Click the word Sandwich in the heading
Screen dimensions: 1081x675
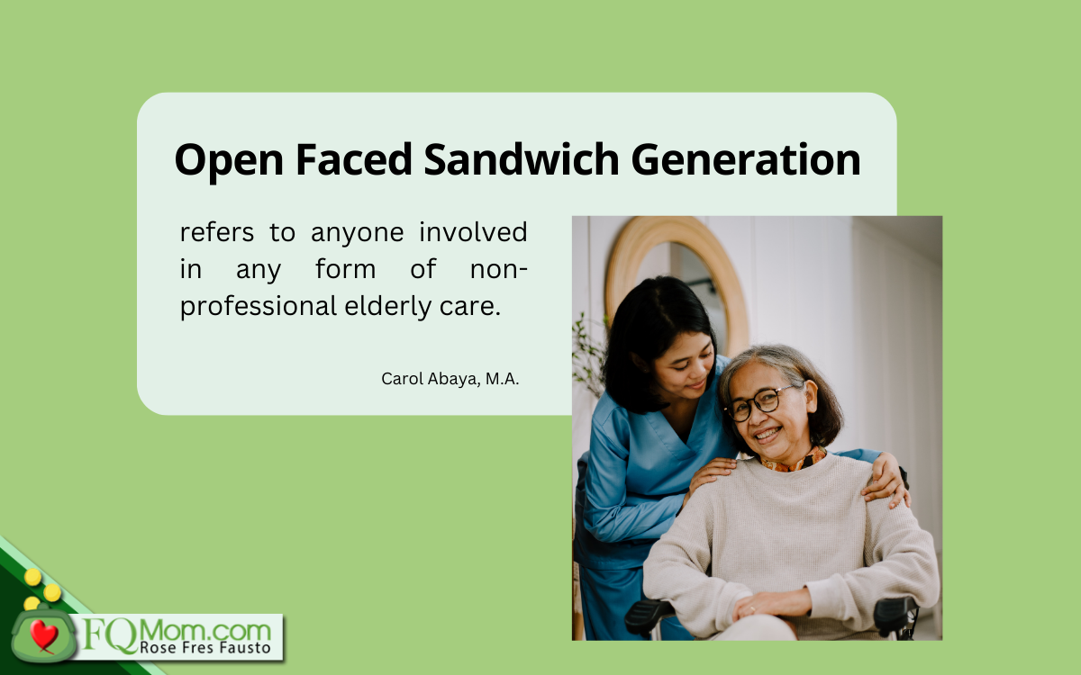(522, 159)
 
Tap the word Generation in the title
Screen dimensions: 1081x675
(746, 159)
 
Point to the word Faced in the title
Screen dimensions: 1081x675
(354, 159)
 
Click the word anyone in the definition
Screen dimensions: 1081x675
(357, 234)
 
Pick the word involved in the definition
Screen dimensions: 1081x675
(473, 232)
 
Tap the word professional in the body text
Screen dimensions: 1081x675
(259, 307)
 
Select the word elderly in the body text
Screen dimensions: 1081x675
(388, 307)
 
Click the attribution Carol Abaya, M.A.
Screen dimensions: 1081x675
(450, 379)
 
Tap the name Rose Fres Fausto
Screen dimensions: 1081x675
(205, 647)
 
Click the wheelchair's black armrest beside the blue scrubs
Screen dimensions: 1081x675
(649, 613)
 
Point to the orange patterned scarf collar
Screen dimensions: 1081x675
(795, 461)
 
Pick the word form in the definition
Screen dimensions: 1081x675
(346, 269)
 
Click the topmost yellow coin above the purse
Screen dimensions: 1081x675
(32, 577)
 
